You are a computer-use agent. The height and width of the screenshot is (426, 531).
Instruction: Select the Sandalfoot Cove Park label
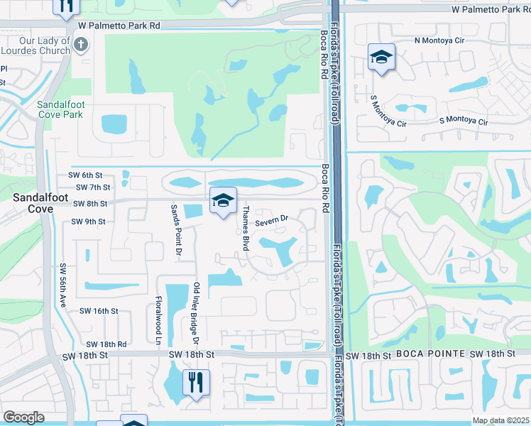[60, 109]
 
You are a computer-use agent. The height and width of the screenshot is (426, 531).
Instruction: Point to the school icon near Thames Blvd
[223, 201]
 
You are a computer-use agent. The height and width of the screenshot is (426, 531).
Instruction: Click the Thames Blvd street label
[246, 227]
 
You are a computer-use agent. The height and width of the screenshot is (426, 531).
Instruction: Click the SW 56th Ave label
[62, 285]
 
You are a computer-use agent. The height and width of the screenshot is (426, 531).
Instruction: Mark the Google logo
[23, 417]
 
